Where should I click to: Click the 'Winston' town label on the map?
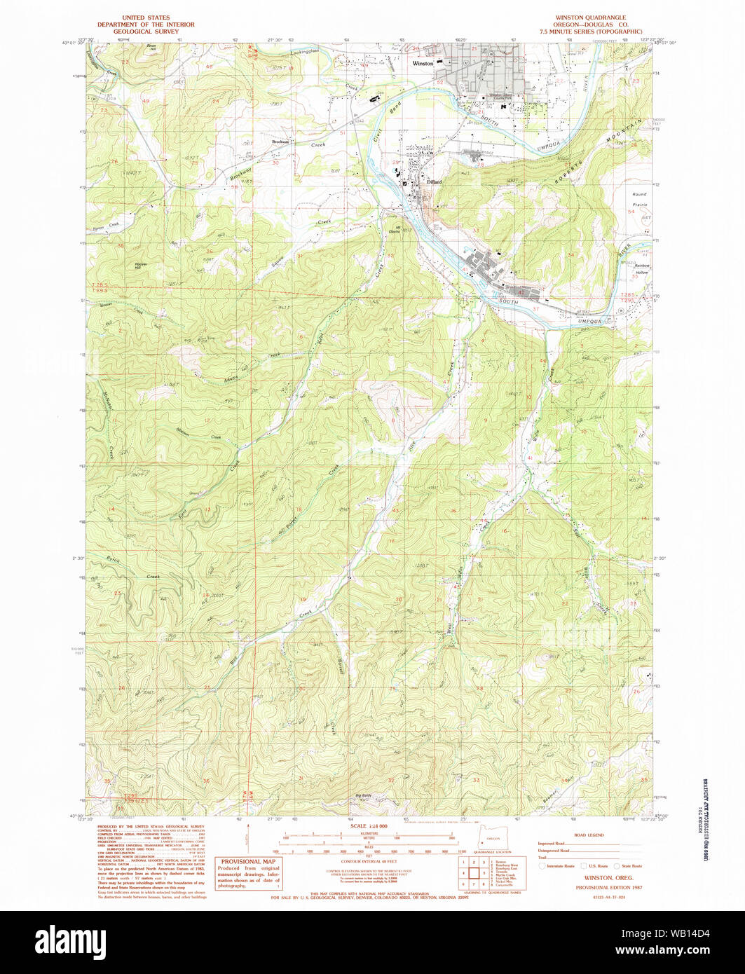pos(423,63)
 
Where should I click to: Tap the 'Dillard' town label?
pos(434,181)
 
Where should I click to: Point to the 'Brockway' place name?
pos(281,142)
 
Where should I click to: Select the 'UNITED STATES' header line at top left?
pos(145,17)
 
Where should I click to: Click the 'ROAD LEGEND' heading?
pos(589,835)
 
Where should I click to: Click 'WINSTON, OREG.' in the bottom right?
pos(594,877)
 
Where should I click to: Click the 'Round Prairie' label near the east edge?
pos(639,198)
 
